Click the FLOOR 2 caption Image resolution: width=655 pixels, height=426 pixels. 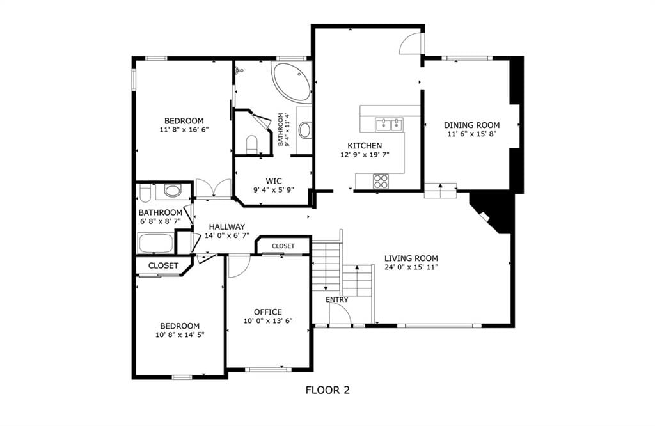[x=327, y=390]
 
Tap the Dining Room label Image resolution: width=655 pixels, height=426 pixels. [x=471, y=125]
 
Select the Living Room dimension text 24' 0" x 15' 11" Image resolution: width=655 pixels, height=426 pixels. [x=411, y=267]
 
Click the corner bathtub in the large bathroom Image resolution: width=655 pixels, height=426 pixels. [x=292, y=82]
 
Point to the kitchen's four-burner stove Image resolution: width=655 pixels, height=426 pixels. [x=381, y=181]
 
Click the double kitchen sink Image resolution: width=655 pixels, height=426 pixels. [x=390, y=124]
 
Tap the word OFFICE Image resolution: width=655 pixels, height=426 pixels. [x=268, y=312]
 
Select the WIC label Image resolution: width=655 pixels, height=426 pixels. [x=274, y=181]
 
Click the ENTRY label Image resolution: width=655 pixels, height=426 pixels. [x=336, y=299]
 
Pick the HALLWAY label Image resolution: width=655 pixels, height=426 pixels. [x=227, y=227]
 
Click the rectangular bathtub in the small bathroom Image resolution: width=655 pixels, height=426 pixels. [x=156, y=243]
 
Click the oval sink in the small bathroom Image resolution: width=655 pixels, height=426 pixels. [x=172, y=191]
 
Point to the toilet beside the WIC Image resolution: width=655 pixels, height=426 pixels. [x=252, y=144]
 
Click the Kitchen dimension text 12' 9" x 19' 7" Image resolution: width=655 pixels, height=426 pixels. [x=365, y=155]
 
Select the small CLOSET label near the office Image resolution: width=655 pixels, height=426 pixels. [x=283, y=246]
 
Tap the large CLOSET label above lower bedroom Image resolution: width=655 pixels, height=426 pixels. [x=163, y=265]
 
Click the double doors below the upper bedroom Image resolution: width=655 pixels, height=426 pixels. [x=214, y=188]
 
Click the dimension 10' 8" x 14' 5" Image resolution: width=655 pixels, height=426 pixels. [x=180, y=335]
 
